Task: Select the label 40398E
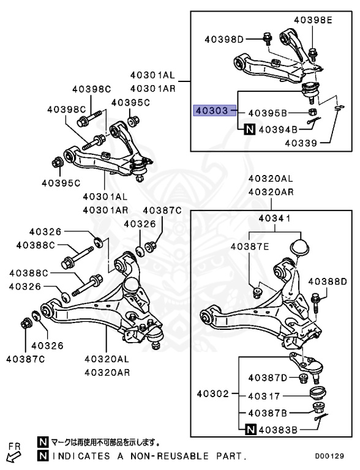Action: click(x=312, y=20)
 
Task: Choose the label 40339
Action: click(x=300, y=144)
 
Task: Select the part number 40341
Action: click(x=274, y=218)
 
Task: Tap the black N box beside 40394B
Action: click(x=250, y=129)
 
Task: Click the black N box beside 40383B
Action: click(x=250, y=430)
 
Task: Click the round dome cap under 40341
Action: click(x=300, y=248)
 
